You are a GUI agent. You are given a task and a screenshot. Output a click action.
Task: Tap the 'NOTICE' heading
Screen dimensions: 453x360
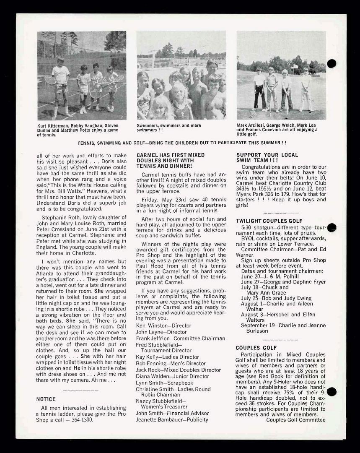click(x=46, y=399)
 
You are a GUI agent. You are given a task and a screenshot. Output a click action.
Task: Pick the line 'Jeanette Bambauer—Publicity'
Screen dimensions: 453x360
click(x=172, y=419)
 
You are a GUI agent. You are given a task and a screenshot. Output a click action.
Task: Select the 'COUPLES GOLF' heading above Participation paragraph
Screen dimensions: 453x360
click(x=256, y=348)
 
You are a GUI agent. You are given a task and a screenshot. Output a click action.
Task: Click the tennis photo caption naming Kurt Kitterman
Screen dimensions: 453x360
click(x=78, y=130)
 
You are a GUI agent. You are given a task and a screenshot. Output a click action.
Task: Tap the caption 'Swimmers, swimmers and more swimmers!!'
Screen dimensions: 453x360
click(x=169, y=128)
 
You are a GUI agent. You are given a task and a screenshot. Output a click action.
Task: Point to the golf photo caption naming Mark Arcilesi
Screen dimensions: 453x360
click(x=277, y=130)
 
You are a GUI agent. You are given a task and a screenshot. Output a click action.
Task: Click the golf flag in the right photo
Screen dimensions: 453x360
click(x=295, y=66)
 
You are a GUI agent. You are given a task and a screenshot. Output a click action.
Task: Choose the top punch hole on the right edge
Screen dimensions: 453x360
click(x=332, y=63)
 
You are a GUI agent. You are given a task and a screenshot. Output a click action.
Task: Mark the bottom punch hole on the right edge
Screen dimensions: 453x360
click(x=332, y=392)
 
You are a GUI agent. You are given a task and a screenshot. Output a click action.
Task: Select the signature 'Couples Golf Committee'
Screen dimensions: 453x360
click(x=295, y=419)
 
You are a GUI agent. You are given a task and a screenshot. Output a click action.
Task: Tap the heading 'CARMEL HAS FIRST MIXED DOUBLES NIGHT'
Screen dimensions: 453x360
click(x=171, y=160)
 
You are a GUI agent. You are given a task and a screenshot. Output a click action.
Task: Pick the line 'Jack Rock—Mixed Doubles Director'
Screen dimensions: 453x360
click(x=178, y=370)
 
